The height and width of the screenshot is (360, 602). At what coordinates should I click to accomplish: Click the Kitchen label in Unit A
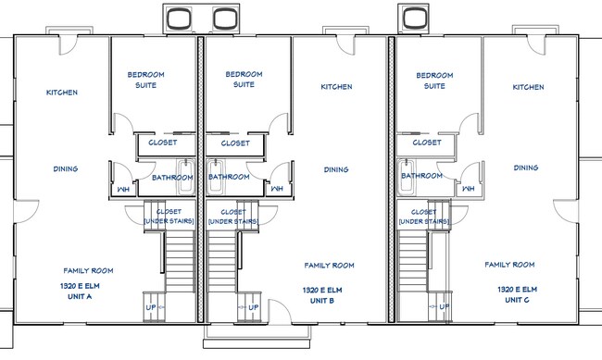(62, 93)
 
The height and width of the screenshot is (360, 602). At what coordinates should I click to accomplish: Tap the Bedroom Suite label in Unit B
(244, 79)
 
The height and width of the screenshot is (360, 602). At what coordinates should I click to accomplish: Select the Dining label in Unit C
(526, 168)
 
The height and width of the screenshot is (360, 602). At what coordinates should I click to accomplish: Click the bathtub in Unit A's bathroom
(186, 178)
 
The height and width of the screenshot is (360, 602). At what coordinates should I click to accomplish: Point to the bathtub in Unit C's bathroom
(406, 178)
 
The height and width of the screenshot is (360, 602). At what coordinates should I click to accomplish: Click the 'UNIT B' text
(321, 301)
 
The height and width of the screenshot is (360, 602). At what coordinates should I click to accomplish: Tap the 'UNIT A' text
(80, 297)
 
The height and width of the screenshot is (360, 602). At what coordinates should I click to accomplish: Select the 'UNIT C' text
(517, 300)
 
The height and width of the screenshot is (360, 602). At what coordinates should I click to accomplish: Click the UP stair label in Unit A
(150, 307)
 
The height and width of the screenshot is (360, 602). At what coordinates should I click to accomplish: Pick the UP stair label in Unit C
(444, 306)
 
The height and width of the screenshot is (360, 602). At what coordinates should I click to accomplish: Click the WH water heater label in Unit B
(277, 189)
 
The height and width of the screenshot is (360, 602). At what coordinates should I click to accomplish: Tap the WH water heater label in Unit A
(123, 189)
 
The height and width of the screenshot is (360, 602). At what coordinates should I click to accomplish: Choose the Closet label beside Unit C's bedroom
(427, 143)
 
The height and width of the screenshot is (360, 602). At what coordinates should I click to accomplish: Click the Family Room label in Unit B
(329, 266)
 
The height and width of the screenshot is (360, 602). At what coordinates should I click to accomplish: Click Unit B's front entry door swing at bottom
(279, 312)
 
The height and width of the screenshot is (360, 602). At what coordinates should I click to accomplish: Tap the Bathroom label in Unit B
(229, 177)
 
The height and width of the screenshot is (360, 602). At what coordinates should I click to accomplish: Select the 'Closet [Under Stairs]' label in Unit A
(169, 217)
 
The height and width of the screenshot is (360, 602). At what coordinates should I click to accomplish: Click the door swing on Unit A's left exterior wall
(26, 212)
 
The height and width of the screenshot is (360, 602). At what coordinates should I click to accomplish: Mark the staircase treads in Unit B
(222, 262)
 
